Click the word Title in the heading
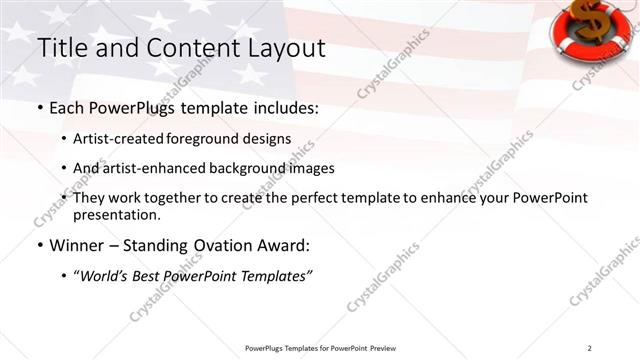(x=58, y=47)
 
